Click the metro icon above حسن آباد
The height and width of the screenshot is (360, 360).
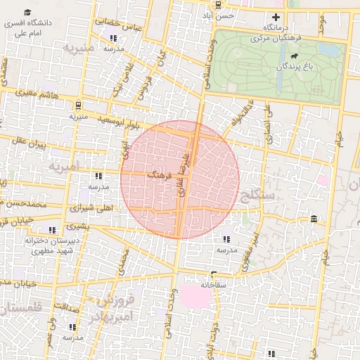click(x=219, y=4)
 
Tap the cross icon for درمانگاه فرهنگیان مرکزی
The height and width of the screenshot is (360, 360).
click(x=276, y=17)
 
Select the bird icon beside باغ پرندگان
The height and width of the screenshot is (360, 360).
click(x=292, y=56)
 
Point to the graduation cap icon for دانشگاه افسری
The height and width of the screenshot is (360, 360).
click(x=27, y=13)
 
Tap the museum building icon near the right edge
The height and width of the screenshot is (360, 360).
click(x=313, y=220)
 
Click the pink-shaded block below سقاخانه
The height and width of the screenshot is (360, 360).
click(x=196, y=296)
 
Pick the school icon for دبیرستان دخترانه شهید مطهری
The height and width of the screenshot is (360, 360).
click(x=51, y=229)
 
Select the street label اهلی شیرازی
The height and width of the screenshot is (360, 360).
click(x=93, y=209)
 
